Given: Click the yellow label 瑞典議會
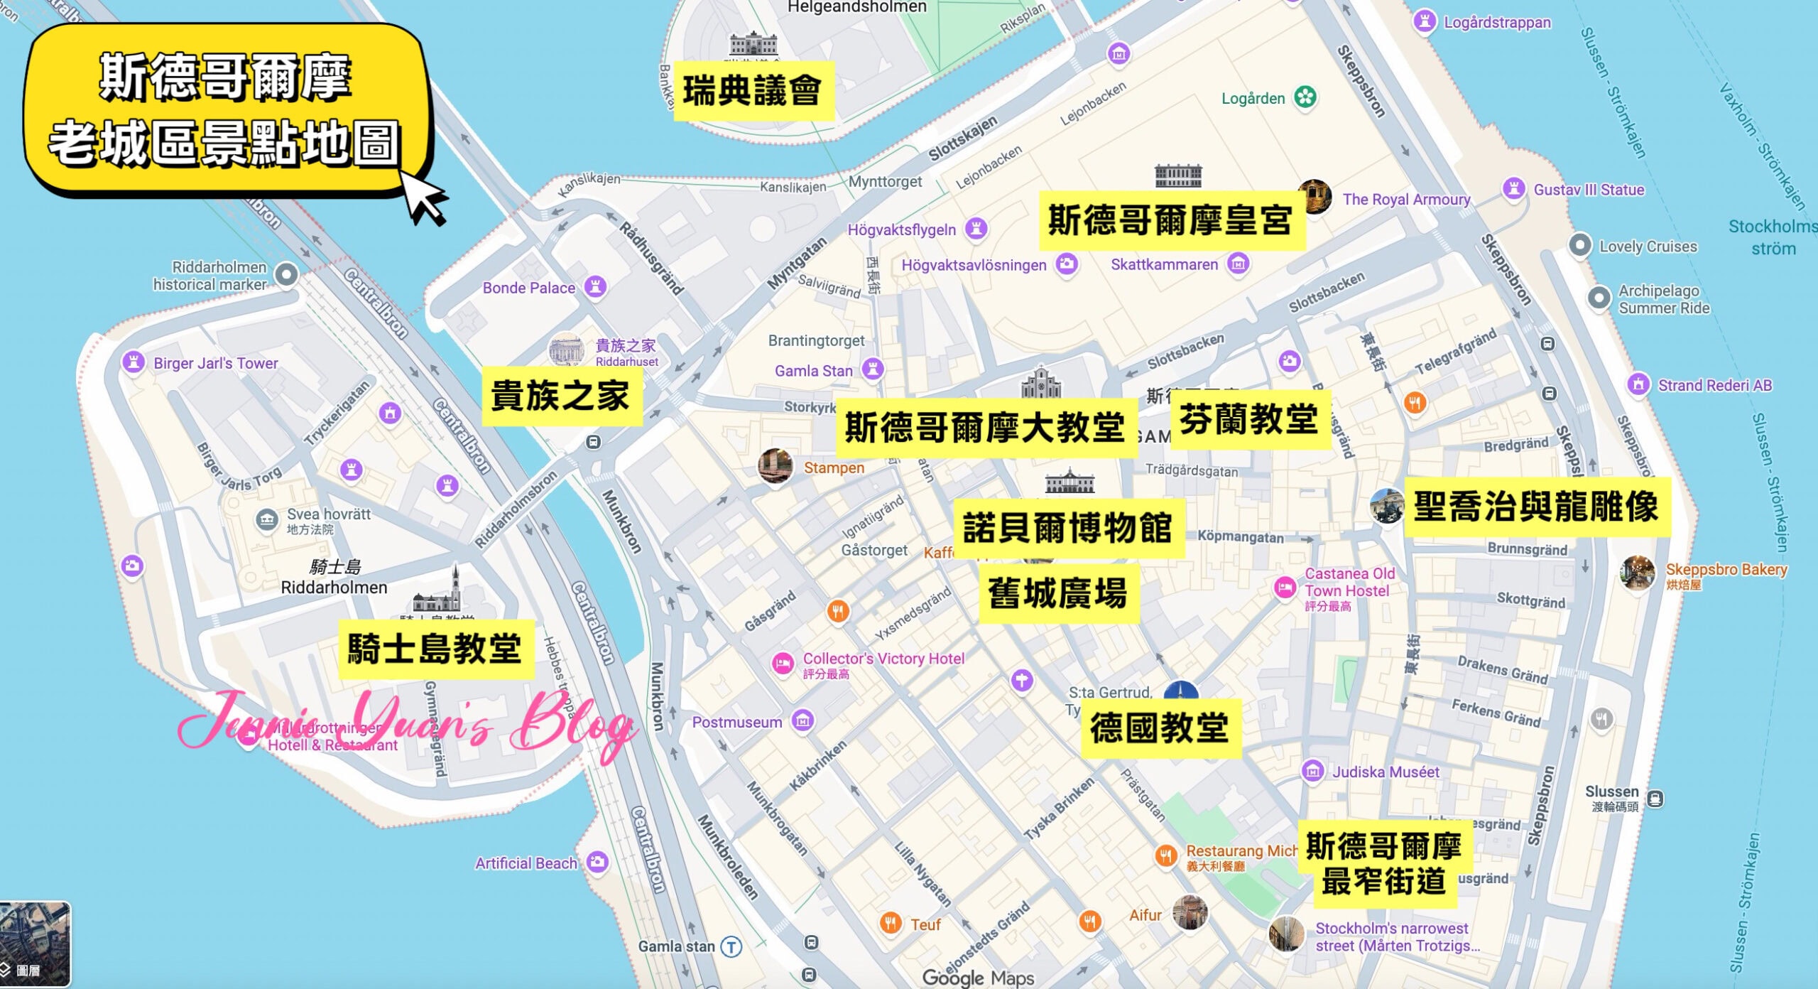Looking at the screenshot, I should point(753,92).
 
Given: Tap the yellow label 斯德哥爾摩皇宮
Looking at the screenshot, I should point(1171,220).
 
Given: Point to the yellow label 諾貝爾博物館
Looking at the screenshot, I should point(1068,529).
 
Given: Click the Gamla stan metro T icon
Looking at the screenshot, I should point(731,946).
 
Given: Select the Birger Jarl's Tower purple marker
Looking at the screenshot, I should point(133,362).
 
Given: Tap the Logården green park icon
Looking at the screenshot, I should point(1305,97).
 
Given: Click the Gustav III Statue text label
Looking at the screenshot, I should point(1589,190).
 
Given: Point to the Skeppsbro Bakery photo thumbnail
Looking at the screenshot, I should point(1638,573).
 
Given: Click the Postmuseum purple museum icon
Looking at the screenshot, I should point(802,721).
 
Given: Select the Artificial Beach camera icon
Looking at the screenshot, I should point(598,862).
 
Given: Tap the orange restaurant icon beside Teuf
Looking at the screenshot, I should point(890,923).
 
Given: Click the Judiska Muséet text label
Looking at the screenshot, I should point(1386,772).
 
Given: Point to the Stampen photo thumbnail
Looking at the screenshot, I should point(775,466).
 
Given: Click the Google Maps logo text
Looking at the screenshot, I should point(978,978).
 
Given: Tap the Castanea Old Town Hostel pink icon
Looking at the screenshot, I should point(1284,588).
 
